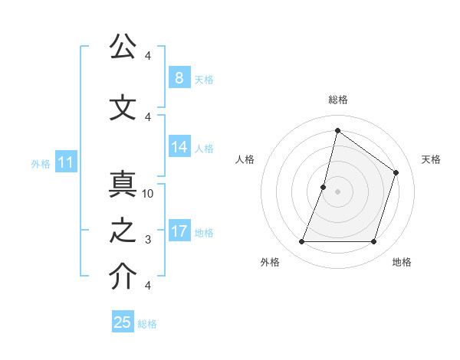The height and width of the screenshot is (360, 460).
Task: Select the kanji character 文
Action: coord(122,107)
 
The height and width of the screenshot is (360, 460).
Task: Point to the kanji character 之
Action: coord(122,231)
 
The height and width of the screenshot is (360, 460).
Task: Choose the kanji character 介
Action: coord(122,277)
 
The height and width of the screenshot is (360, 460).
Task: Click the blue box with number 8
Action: coord(179,77)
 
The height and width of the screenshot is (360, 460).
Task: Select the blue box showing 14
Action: coord(179,147)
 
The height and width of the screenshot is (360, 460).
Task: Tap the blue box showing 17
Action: coord(179,231)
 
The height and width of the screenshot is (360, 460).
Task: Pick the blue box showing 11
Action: coord(65,162)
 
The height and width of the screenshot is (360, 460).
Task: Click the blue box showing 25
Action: coord(123,322)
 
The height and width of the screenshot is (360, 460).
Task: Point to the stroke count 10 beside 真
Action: coord(148,194)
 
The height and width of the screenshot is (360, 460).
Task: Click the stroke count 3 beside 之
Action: coord(148,240)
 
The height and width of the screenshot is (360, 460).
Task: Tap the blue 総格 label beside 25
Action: coord(147,324)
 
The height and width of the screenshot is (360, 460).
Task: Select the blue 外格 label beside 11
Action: coord(40,163)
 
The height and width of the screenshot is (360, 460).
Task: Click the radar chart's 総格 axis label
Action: coord(337,100)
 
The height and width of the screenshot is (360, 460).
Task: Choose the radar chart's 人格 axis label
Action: coord(245,159)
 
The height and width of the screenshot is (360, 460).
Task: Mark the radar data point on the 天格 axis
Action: coord(396,172)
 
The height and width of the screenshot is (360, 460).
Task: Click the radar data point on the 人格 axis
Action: coord(324,187)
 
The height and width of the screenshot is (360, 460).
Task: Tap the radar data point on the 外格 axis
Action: coord(301,242)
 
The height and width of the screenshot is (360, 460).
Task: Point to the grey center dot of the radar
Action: coord(337,191)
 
